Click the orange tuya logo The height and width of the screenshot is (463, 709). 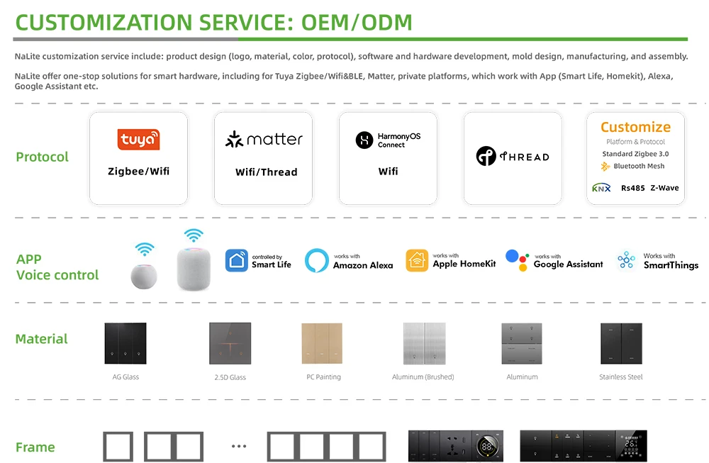(138, 139)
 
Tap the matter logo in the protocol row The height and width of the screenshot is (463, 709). (264, 139)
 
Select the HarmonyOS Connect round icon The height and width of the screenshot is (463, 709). (364, 140)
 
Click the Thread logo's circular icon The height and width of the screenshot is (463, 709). (486, 156)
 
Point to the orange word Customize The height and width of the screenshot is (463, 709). (635, 127)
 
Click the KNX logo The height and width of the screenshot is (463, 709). (601, 188)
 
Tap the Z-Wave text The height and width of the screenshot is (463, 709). (665, 188)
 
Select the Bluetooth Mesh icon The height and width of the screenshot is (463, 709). (605, 167)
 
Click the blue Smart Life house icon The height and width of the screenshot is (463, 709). (237, 260)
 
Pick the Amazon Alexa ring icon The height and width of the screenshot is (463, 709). (316, 260)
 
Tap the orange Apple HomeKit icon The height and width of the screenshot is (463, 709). (417, 260)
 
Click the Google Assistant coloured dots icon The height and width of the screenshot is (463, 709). (517, 260)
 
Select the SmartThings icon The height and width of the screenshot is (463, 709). (626, 260)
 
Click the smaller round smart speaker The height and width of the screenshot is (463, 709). (144, 276)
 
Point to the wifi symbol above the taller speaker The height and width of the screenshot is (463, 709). (194, 235)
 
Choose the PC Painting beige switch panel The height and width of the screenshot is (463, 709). (322, 343)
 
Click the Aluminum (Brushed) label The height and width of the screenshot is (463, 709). (423, 376)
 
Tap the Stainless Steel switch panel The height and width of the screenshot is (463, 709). (621, 343)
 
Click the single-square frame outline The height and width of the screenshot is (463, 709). (118, 447)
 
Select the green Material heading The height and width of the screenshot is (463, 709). (42, 339)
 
